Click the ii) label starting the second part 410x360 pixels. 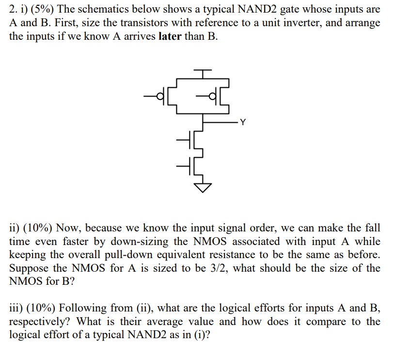click(x=16, y=228)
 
